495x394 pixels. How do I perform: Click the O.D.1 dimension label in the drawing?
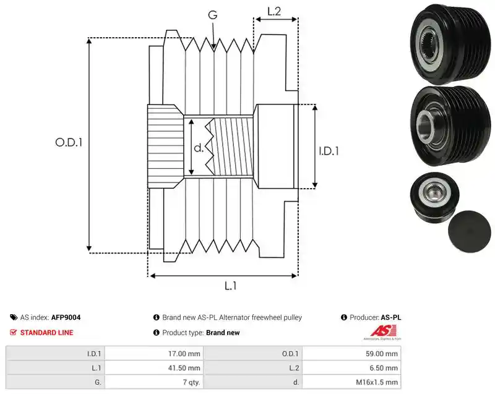coord(69,142)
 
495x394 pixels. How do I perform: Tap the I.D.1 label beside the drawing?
coord(329,151)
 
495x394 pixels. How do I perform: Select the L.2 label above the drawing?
coord(274,11)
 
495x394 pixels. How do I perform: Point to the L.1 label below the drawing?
coord(230,286)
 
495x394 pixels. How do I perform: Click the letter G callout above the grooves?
coord(212,15)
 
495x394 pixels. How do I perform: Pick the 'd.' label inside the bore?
coord(199,147)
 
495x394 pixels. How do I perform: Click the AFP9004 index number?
coord(66,317)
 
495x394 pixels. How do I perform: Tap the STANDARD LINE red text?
coord(47,333)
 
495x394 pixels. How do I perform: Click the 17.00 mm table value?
coord(184,354)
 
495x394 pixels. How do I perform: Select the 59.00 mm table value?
coord(382,354)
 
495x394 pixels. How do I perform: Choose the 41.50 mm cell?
coord(184,368)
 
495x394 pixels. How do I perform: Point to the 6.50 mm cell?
coord(383,368)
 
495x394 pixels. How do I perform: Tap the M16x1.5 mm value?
coord(377,382)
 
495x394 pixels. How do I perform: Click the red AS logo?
coord(382,332)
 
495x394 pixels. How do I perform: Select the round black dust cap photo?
coord(470,231)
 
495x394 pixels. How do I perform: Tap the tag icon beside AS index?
coord(14,317)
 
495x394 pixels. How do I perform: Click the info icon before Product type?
coord(157,333)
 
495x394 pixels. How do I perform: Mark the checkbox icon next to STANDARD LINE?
coord(13,333)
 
